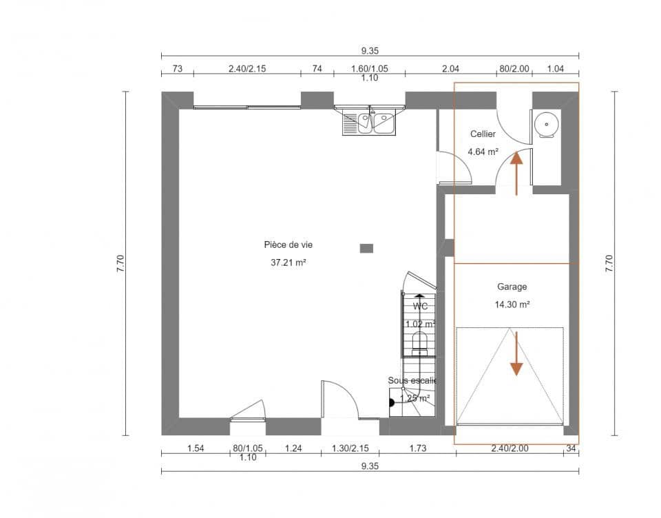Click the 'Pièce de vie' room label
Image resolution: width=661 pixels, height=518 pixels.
tap(284, 245)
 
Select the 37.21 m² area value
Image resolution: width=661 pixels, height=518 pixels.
tap(284, 262)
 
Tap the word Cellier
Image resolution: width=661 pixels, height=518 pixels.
tap(483, 134)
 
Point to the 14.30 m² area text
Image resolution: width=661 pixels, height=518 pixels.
tap(512, 304)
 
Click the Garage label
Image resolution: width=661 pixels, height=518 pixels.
tap(512, 287)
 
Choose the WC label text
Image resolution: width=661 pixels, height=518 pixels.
tap(420, 306)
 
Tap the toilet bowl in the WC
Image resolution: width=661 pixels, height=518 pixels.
tap(419, 342)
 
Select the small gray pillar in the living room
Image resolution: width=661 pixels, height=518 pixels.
tap(367, 248)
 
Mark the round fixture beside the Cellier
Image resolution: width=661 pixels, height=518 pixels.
tap(547, 125)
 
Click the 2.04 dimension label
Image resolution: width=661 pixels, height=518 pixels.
tap(450, 68)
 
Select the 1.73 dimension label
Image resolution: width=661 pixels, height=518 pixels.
tap(417, 448)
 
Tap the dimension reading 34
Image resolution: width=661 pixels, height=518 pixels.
tap(571, 448)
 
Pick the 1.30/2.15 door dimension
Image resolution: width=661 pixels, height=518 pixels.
tap(350, 448)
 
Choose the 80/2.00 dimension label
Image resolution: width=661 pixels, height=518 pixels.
tap(514, 68)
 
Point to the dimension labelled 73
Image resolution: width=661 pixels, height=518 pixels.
tap(177, 68)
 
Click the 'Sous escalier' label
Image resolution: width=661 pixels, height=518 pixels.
tap(412, 380)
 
